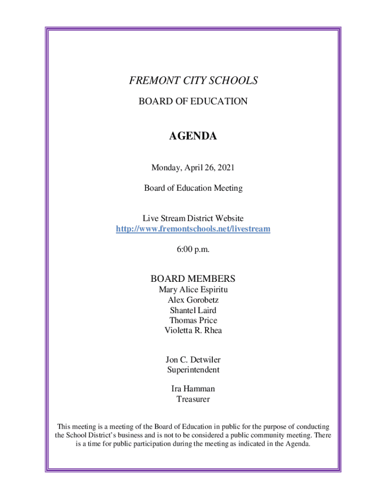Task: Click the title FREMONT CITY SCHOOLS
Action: point(193,81)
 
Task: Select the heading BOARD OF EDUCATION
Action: point(193,101)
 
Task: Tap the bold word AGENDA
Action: point(193,137)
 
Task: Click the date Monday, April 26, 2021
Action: point(193,168)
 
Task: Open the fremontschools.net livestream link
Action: point(193,228)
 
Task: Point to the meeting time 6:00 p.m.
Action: point(193,250)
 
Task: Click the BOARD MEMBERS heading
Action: point(193,279)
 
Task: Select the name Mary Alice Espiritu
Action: point(193,290)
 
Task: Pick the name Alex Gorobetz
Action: point(193,300)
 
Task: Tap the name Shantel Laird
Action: point(193,310)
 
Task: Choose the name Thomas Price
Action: point(193,320)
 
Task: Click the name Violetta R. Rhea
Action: point(193,330)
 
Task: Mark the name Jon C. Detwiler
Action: point(193,360)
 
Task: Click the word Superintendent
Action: point(193,370)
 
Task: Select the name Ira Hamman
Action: point(193,389)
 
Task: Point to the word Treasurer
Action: point(193,399)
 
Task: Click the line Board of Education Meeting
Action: point(193,188)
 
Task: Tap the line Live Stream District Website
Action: point(193,218)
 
